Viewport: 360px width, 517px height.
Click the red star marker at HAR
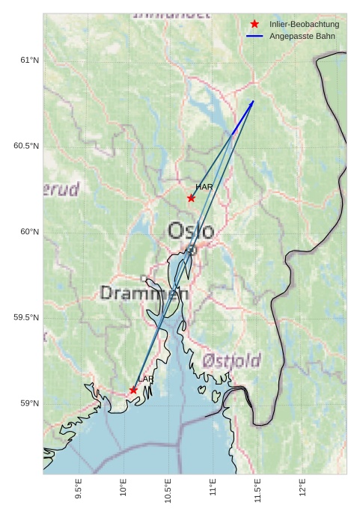pos(191,198)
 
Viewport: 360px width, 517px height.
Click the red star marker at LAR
pos(133,390)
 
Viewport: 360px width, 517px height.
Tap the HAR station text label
pos(204,187)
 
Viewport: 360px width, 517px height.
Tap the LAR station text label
pos(145,379)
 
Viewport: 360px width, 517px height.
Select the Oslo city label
pos(191,230)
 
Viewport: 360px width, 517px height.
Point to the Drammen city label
pos(144,293)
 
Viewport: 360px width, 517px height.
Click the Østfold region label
pos(231,361)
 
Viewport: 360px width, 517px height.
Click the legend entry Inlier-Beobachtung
pos(304,25)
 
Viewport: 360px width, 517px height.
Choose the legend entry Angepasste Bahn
pos(302,36)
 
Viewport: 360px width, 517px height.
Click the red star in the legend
pos(254,25)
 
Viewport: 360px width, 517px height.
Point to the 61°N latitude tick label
pos(29,60)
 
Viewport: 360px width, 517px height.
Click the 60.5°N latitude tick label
pos(26,146)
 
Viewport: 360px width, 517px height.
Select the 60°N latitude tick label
pos(29,232)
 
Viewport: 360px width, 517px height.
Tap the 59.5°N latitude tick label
pos(26,318)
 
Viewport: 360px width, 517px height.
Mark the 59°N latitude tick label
pos(29,404)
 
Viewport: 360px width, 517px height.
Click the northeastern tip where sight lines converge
pos(253,101)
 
